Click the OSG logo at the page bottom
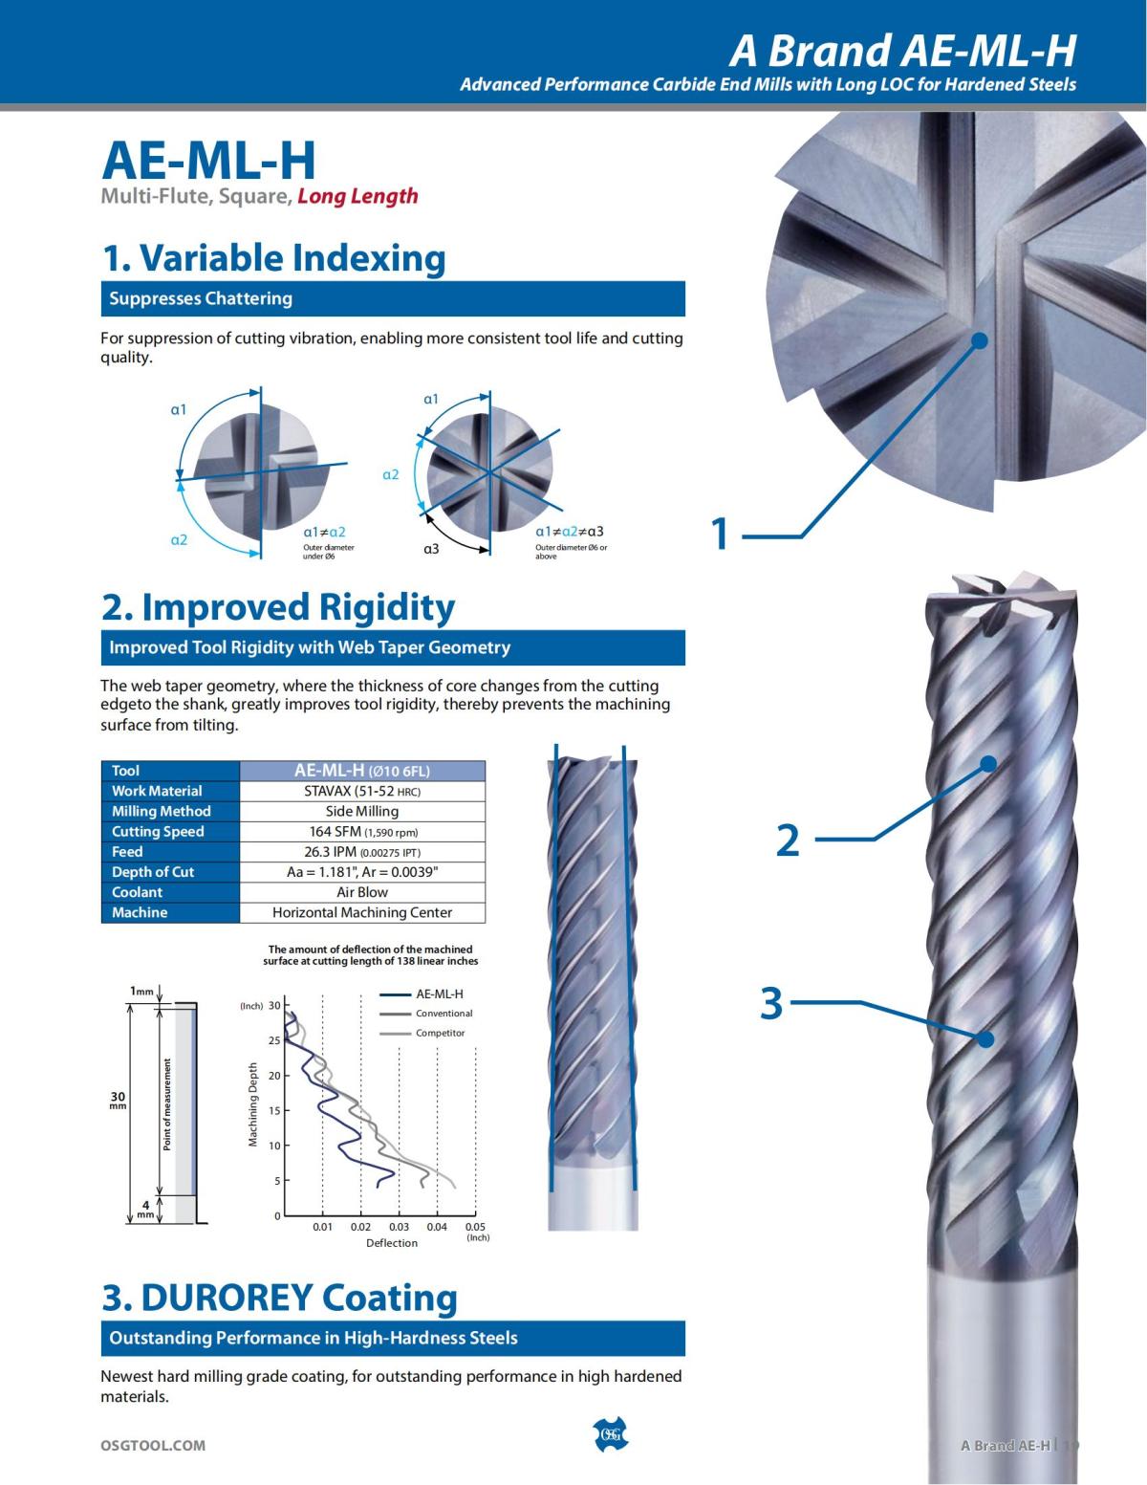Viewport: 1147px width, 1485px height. point(611,1434)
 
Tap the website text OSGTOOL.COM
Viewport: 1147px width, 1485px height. point(153,1445)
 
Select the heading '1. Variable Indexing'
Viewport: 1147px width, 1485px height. point(273,258)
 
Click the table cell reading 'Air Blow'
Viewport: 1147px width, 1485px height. point(362,892)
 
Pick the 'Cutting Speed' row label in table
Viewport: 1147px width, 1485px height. point(158,832)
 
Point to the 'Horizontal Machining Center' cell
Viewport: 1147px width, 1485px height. point(362,912)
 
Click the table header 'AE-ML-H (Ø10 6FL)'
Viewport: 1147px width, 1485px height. point(362,771)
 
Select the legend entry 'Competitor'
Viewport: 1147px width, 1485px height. point(440,1033)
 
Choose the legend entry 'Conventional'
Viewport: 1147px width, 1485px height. point(444,1014)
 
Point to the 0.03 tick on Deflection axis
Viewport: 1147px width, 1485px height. point(399,1227)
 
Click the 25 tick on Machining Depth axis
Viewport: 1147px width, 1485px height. point(274,1040)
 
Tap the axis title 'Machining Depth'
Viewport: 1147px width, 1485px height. point(253,1103)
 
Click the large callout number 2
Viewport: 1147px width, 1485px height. point(787,840)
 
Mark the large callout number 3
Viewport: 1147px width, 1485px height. point(771,1003)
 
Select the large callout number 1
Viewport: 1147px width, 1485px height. point(721,534)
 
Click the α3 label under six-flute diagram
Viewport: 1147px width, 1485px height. point(431,549)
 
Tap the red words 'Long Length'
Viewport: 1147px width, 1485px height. point(357,196)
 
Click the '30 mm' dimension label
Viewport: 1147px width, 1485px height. point(118,1100)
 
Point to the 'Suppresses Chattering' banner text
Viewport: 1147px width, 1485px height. point(201,298)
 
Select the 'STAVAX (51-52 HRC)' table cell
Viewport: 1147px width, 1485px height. point(362,791)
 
